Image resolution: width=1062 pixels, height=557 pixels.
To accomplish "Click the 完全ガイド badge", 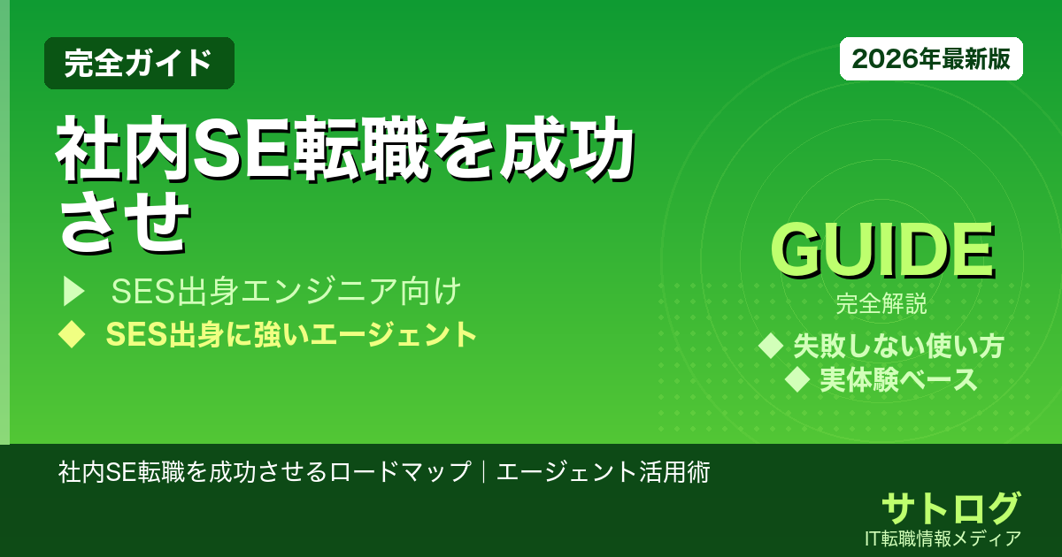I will [x=139, y=63].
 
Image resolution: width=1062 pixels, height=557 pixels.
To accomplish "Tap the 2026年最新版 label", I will [x=931, y=59].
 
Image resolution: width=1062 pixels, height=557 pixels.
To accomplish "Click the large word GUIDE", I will [x=881, y=252].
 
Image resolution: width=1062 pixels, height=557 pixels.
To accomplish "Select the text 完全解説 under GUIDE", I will [x=881, y=306].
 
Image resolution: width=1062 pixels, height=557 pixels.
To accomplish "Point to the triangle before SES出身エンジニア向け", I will [x=73, y=290].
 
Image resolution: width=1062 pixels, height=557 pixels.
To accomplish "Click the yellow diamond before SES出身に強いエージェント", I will [x=72, y=334].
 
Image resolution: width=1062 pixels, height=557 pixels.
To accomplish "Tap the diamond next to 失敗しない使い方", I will [x=772, y=346].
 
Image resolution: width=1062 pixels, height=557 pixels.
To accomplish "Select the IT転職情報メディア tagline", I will [x=944, y=538].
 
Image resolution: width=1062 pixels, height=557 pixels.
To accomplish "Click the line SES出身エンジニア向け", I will [x=287, y=290].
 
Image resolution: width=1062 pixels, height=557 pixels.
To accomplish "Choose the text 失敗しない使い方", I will [x=898, y=346].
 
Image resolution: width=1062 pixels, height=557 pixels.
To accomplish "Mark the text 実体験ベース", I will [x=898, y=379].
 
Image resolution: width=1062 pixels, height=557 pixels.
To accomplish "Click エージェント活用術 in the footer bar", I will [x=603, y=471].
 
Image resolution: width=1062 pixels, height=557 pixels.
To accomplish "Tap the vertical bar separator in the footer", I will [x=483, y=471].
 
